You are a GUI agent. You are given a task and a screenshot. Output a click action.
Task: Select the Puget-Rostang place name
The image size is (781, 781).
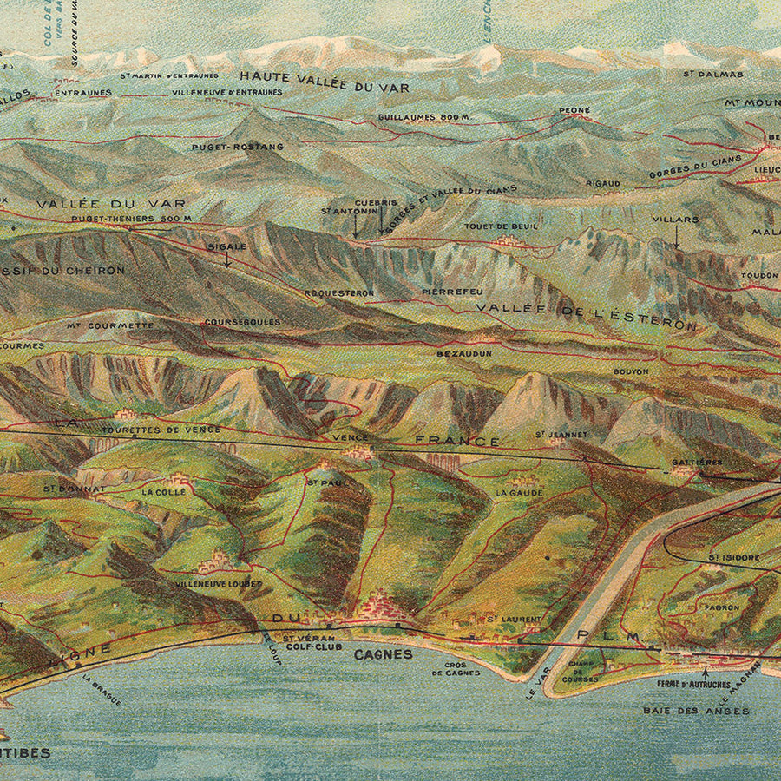(238, 147)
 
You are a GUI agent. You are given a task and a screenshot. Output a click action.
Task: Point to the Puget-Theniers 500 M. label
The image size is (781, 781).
(132, 218)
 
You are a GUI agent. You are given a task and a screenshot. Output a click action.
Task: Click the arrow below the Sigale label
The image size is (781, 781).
(227, 259)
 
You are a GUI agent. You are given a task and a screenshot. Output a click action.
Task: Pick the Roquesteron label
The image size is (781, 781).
(339, 293)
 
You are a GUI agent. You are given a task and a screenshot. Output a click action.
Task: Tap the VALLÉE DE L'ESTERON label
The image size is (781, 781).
(586, 317)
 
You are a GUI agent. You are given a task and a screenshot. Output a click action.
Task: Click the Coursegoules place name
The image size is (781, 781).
(230, 322)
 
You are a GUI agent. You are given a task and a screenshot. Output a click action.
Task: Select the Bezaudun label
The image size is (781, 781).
(464, 353)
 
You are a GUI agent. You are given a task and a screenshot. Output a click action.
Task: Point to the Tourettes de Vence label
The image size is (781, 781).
(161, 430)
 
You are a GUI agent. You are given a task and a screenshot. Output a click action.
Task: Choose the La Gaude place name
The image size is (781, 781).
(513, 492)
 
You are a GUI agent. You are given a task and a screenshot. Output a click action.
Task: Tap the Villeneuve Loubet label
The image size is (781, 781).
(219, 584)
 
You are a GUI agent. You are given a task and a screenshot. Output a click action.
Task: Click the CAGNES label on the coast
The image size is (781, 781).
(383, 654)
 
